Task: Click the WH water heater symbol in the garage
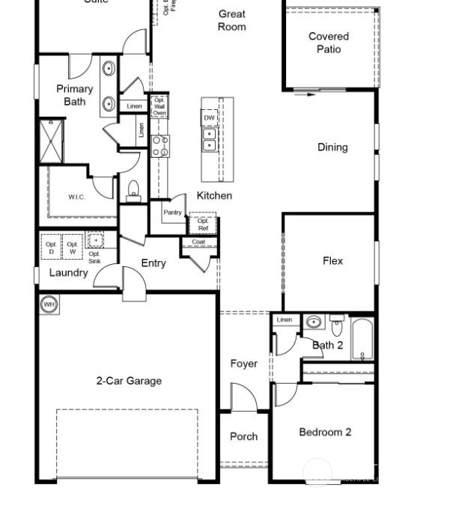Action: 49,305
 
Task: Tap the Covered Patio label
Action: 329,43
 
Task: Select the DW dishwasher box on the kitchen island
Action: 210,118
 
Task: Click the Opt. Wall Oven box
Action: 159,106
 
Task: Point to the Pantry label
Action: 172,212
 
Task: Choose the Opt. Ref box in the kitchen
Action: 203,224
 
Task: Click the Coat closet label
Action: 198,242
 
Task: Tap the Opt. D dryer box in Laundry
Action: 51,248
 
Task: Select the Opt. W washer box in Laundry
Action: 73,248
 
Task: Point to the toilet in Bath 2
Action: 337,327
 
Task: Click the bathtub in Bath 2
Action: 363,339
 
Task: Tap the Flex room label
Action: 332,261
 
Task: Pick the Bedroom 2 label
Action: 325,432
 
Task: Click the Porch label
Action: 243,436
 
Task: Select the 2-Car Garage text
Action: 129,381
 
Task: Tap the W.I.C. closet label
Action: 76,198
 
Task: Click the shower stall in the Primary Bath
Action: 51,140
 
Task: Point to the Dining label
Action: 332,147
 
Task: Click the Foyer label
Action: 243,364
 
